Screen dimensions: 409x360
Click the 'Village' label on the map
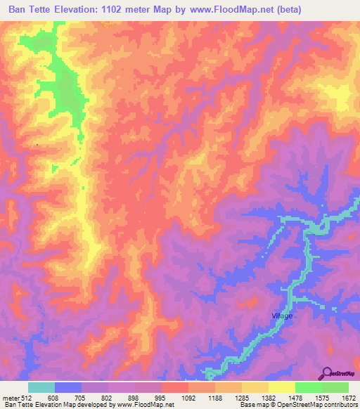(x=282, y=316)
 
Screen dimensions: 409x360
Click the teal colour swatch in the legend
(x=41, y=387)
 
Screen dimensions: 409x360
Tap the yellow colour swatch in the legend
(x=281, y=387)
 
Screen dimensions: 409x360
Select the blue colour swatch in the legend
(x=68, y=387)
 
